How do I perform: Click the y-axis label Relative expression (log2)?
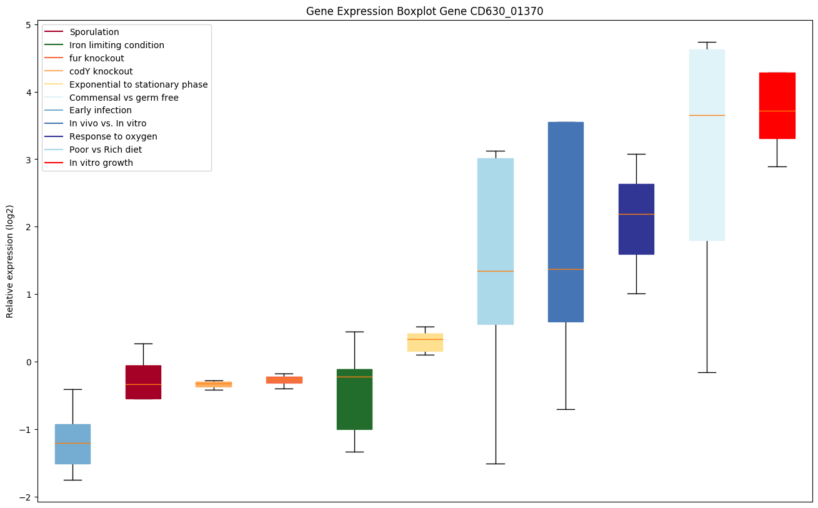coord(10,261)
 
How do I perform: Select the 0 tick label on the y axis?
coord(29,362)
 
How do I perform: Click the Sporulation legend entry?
coord(94,32)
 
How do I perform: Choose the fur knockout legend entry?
coord(97,58)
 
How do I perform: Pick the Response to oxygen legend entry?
coord(113,136)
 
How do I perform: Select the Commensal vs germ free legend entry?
coord(124,98)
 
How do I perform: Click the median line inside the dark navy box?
coord(636,214)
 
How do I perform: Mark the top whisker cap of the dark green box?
coord(354,332)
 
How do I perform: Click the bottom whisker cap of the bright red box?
coord(777,166)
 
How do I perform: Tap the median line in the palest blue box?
coord(707,115)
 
